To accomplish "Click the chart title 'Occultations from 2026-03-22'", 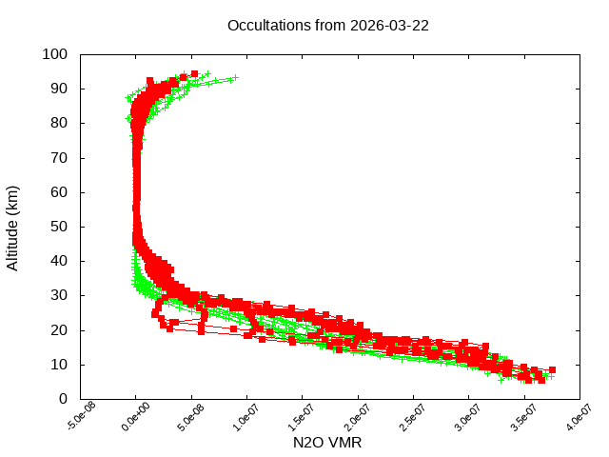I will click(327, 25).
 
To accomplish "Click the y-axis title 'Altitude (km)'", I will click(13, 227).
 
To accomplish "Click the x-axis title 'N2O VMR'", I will click(327, 443).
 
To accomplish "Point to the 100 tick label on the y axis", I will click(55, 54).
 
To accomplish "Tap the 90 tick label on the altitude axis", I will click(59, 89).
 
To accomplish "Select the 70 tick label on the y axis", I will click(59, 157).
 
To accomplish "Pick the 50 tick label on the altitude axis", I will click(59, 227).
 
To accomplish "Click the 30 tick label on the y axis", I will click(59, 295).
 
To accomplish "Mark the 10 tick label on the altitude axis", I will click(59, 364).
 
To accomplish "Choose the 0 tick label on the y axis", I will click(63, 398).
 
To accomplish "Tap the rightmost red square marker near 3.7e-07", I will click(552, 369).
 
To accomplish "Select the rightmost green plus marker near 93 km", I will click(234, 78).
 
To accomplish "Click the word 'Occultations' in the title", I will click(268, 25).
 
